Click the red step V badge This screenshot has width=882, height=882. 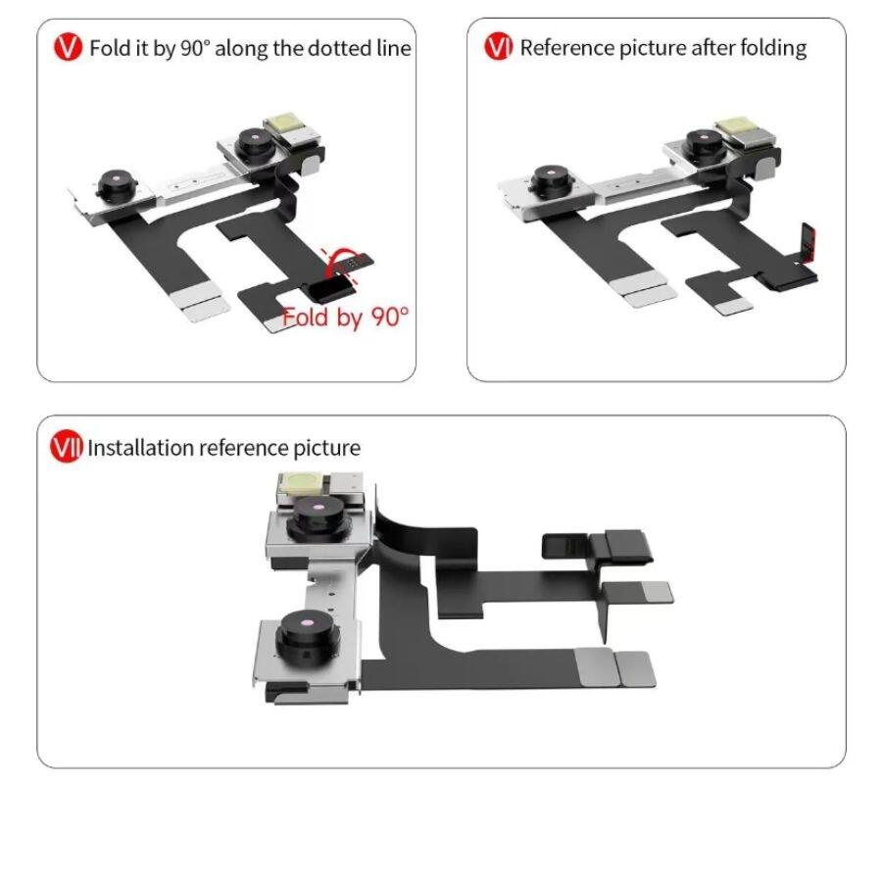(68, 47)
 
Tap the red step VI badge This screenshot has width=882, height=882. (499, 47)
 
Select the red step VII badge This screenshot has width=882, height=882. (67, 447)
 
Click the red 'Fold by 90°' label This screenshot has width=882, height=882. (345, 318)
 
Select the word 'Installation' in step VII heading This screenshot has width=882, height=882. (140, 448)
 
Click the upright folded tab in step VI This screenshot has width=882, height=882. (808, 243)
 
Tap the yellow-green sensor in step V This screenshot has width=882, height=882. (282, 122)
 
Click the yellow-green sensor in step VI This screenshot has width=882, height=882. (732, 126)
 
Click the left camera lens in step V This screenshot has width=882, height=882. (117, 183)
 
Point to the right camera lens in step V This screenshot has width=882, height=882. (256, 143)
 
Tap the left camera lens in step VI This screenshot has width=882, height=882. (552, 180)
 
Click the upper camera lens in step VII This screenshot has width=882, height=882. (318, 517)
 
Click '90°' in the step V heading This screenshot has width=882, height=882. (195, 48)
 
